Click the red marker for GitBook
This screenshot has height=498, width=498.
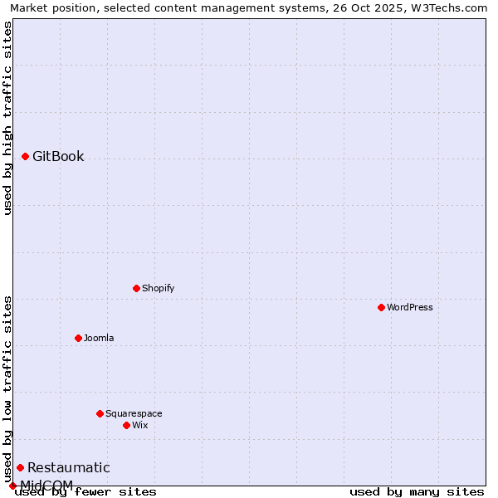[x=25, y=156]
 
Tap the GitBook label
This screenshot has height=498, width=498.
[x=58, y=157]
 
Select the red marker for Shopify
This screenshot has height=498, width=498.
[x=136, y=288]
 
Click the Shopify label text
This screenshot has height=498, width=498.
[x=158, y=289]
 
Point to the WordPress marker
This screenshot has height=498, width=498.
[x=381, y=307]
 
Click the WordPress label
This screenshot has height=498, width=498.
[x=410, y=308]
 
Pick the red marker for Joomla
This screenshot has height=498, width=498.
[x=78, y=338]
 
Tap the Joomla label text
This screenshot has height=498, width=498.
[x=99, y=339]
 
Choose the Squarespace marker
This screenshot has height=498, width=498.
[x=100, y=413]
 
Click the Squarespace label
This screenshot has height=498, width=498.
[x=134, y=414]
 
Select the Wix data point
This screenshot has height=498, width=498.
[x=126, y=425]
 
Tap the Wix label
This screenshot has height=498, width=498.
[x=140, y=426]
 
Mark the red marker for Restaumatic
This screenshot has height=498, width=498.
[x=20, y=467]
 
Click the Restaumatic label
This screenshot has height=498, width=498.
[x=68, y=468]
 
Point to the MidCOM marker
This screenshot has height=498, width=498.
[x=12, y=486]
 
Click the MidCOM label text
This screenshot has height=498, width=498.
[x=46, y=485]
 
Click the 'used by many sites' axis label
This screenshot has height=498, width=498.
[x=417, y=492]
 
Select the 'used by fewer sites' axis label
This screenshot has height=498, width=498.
[x=86, y=492]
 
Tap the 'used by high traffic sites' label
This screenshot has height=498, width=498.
[x=8, y=118]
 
